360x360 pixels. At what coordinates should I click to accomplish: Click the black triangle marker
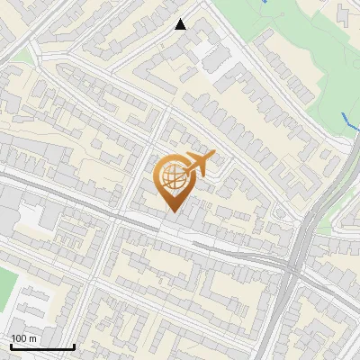[x=181, y=24]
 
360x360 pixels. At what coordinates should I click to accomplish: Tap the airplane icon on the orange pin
[x=197, y=165]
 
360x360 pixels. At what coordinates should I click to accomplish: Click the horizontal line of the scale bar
[x=42, y=346]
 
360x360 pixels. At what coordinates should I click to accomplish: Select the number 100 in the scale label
[x=20, y=338]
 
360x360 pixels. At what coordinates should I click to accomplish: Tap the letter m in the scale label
[x=33, y=338]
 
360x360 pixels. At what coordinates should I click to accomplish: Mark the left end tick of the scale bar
[x=11, y=345]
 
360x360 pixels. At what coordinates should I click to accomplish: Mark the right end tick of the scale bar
[x=74, y=345]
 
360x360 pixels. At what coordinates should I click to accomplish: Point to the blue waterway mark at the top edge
[x=265, y=2]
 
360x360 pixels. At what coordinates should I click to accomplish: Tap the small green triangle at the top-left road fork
[x=25, y=57]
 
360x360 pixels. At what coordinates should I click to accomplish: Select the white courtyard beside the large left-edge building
[x=31, y=216]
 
